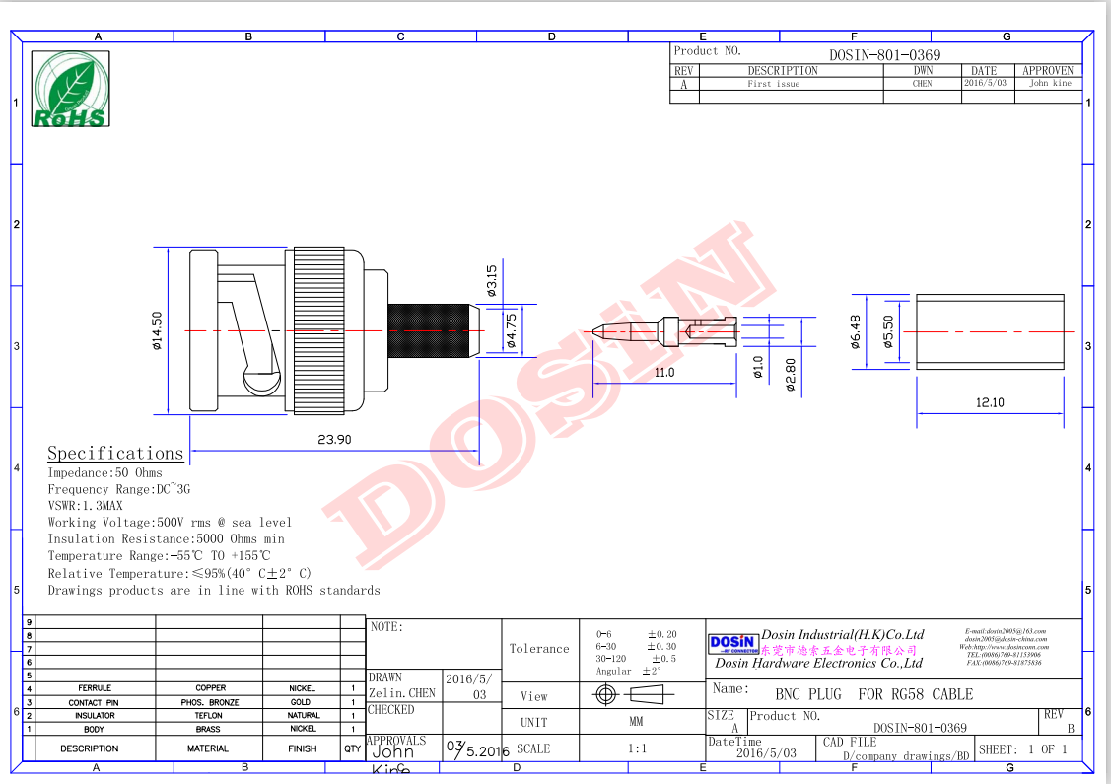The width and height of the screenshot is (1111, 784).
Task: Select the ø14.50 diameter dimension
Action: point(157,330)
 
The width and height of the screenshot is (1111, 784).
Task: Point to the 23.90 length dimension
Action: point(334,440)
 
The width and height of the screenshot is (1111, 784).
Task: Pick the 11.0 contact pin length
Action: point(663,372)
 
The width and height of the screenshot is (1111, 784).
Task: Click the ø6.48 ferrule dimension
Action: point(855,331)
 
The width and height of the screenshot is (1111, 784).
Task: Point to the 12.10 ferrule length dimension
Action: point(990,402)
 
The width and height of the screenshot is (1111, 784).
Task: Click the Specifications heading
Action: point(115,453)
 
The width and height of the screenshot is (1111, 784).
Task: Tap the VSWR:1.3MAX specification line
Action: point(85,506)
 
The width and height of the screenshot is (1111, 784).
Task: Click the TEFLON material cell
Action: point(209,716)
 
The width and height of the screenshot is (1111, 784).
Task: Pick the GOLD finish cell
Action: point(301,702)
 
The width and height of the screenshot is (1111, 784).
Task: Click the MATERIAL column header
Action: point(209,748)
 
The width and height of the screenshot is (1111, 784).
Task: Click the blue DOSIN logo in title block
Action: point(733,644)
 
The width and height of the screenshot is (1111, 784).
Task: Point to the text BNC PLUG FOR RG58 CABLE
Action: point(873,694)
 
